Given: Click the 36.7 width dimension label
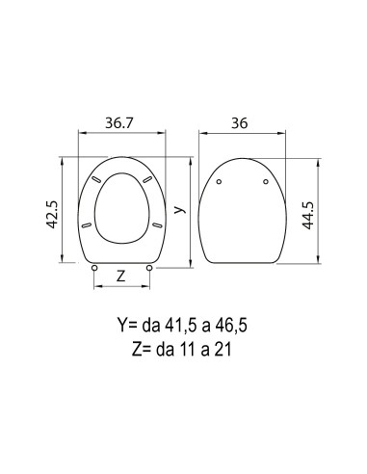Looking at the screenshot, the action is click(118, 123).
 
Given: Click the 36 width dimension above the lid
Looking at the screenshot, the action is click(240, 123).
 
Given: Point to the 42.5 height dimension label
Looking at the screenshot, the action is click(52, 215).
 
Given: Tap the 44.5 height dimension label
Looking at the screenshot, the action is click(308, 216).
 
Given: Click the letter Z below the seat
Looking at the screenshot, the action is click(120, 276).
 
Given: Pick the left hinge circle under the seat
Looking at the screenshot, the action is click(94, 268).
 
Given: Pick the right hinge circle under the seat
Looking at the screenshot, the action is click(149, 268).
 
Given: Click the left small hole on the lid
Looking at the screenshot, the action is click(219, 182).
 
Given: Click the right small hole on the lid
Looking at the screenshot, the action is click(266, 182).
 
